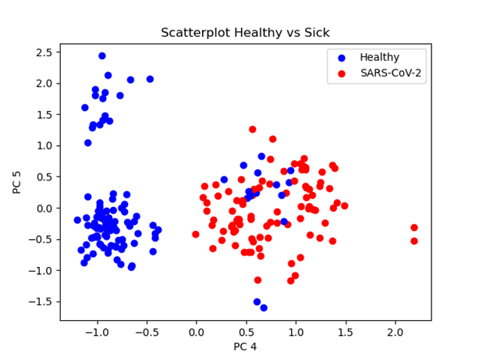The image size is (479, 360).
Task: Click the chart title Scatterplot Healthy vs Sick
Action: (245, 33)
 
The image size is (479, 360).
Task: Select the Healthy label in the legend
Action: (379, 57)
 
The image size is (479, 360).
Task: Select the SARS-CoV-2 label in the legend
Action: (392, 73)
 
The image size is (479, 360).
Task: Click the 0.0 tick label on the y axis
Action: (45, 209)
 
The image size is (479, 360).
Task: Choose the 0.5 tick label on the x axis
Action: (246, 331)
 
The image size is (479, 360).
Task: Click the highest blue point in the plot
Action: (102, 56)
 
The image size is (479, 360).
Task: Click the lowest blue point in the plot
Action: (264, 308)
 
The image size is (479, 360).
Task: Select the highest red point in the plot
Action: (253, 130)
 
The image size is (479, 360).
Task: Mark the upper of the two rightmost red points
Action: (414, 228)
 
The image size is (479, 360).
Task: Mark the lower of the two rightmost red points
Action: (414, 241)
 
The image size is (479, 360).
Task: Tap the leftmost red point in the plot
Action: (196, 234)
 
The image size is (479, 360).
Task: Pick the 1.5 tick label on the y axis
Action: (45, 115)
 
